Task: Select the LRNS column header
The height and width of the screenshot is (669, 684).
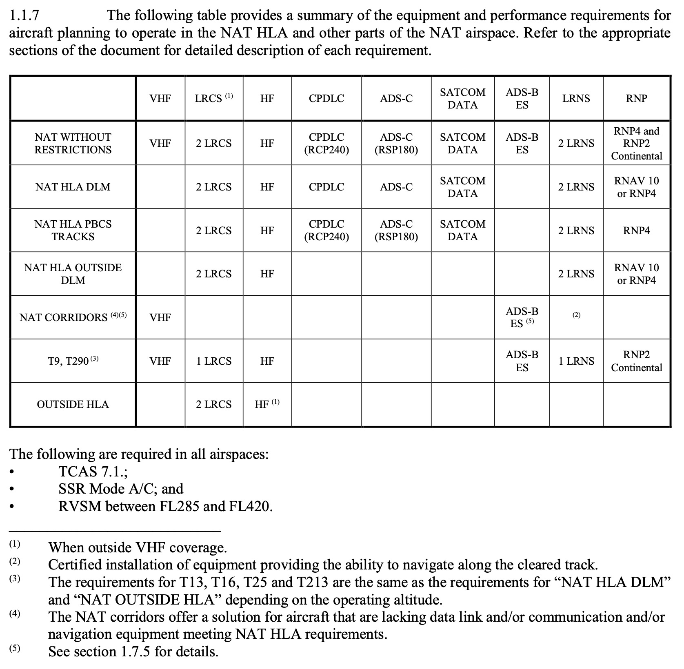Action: point(576,98)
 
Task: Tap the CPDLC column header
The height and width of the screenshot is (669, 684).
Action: point(326,98)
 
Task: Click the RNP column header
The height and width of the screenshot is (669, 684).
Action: point(636,98)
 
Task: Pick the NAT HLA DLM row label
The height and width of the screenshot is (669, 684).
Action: point(73,187)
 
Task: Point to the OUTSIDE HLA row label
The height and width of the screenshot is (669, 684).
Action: point(73,404)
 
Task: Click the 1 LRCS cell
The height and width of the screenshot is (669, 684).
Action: point(213,361)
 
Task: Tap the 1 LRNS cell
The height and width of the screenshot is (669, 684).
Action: point(576,361)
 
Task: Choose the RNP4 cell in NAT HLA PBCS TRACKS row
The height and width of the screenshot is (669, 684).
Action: point(636,230)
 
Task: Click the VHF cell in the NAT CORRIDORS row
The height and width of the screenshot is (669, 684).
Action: point(160,317)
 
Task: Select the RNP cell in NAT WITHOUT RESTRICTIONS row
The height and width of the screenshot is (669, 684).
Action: point(636,143)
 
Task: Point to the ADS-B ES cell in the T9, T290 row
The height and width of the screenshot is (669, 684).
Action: point(522,361)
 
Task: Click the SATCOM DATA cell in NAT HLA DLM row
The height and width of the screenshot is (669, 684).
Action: point(462,187)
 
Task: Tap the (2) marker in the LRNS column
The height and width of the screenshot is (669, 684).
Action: point(576,315)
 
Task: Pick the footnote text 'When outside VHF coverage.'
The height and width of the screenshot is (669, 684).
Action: point(138,547)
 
